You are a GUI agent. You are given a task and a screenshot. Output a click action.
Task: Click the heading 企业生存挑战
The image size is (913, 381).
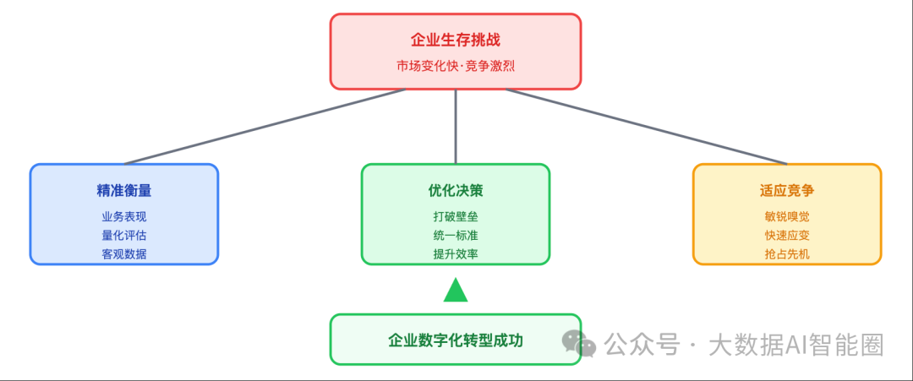point(455,40)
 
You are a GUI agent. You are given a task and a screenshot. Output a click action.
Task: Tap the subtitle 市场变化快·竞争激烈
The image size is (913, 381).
point(455,64)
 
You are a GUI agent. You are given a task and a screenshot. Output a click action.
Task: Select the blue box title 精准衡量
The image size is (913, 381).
point(124,191)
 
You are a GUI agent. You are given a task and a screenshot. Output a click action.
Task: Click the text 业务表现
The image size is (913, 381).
point(124,216)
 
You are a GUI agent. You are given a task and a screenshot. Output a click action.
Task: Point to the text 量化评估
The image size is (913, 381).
point(124,235)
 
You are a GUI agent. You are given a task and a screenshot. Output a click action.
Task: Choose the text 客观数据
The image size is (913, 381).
point(124,253)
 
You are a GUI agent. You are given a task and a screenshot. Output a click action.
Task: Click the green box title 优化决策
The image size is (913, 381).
point(456,191)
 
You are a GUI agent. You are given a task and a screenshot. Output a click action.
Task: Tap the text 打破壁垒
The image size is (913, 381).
point(456,216)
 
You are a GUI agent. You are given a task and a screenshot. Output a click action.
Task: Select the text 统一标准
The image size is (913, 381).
point(456,235)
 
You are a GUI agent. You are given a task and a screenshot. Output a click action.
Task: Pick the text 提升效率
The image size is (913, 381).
point(456,253)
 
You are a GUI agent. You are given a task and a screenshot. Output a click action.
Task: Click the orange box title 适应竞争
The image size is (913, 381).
point(787,191)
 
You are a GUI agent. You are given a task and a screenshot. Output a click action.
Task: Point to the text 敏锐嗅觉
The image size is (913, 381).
point(787,216)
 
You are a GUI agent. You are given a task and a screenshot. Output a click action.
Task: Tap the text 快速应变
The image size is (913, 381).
point(787,235)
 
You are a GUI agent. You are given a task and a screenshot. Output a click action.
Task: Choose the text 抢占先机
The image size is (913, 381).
point(787,253)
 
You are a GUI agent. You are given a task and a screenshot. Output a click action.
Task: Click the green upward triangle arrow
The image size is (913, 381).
point(456,291)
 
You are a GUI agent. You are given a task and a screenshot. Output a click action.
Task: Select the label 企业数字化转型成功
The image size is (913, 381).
point(456,340)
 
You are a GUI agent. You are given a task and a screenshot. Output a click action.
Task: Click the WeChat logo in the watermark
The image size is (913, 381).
point(579,344)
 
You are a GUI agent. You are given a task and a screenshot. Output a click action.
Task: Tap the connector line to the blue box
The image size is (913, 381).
point(265,126)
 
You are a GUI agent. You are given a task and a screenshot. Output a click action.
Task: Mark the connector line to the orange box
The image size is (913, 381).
point(647,126)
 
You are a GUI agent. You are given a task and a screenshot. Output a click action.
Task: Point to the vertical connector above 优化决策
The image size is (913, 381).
point(456,126)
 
